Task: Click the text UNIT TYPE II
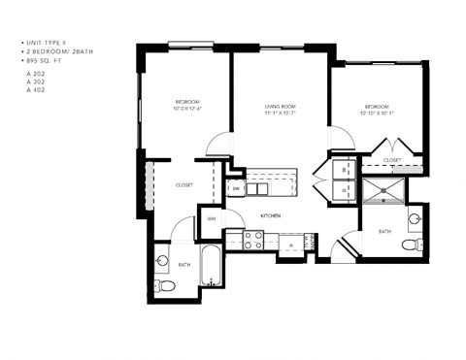[x=45, y=43]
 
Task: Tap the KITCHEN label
[x=270, y=215]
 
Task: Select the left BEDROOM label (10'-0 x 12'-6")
[x=187, y=104]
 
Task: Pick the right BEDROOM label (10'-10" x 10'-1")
[x=376, y=108]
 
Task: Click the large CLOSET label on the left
[x=184, y=184]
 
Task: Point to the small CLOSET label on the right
[x=392, y=160]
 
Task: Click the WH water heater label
[x=212, y=218]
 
